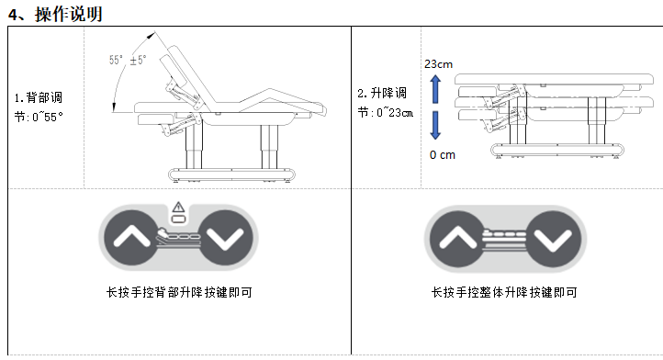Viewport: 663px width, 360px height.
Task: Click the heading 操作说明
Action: point(69,14)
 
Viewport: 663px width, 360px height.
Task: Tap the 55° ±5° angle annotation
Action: point(128,60)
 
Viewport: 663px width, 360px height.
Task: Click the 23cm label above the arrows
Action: point(438,64)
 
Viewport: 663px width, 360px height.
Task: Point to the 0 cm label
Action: point(443,155)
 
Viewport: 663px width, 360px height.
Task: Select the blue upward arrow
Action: point(435,89)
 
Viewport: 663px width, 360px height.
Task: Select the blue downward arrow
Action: point(435,125)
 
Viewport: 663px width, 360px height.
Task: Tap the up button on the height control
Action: point(455,239)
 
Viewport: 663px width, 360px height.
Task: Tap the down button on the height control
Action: point(553,239)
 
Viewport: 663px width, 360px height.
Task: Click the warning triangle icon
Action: point(178,207)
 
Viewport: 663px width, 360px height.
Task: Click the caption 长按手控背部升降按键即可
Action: point(179,292)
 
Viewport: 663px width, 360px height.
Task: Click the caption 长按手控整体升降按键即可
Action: point(504,292)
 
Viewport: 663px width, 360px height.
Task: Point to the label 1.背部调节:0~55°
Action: point(39,107)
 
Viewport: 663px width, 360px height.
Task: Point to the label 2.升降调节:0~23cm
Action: point(385,103)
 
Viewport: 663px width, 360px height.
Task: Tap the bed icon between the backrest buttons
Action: point(178,239)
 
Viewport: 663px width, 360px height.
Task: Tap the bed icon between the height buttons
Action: point(504,239)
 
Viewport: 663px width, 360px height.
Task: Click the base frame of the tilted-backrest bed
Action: point(231,174)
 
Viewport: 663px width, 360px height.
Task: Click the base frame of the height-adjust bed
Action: point(557,150)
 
